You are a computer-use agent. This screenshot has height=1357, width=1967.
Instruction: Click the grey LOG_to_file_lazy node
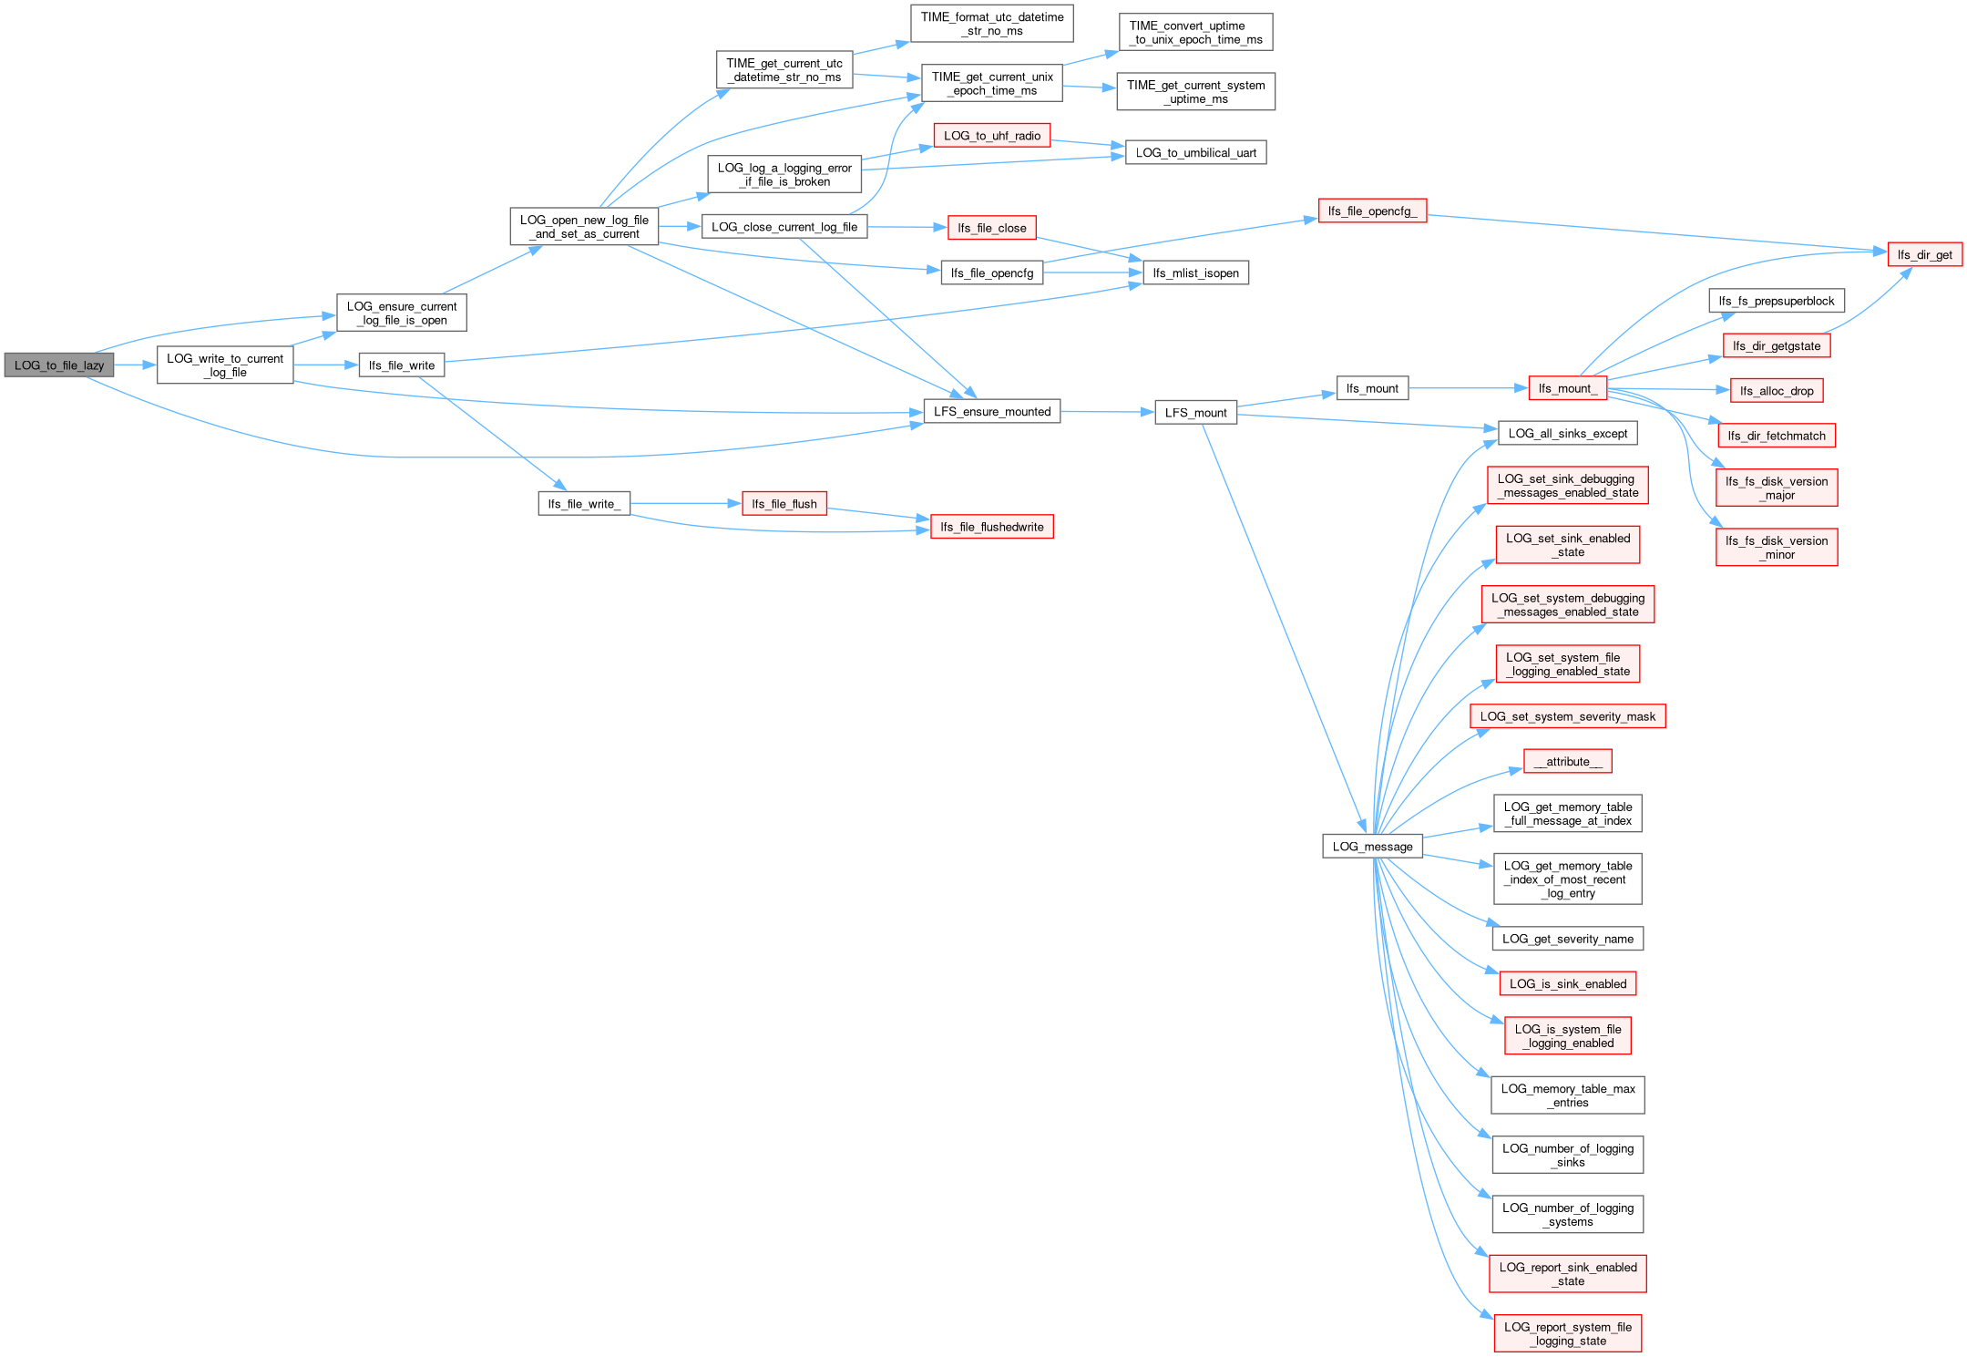59,365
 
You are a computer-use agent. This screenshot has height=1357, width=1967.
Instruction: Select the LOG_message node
1372,847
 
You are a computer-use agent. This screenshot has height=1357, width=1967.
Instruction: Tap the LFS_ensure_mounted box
991,412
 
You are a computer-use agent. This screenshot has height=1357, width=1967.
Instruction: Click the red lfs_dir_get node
1924,255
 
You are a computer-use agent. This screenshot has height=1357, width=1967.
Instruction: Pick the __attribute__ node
1567,762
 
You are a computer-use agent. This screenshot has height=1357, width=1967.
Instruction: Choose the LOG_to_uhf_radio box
991,136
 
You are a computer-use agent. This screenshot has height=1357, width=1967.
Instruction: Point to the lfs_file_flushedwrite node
991,527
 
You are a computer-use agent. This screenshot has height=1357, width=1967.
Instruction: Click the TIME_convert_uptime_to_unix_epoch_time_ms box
1195,33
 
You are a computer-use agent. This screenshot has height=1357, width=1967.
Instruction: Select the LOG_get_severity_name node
1567,939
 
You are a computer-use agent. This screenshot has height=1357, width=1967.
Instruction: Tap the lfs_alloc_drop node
1776,391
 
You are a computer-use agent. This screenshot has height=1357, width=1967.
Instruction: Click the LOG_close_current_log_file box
784,227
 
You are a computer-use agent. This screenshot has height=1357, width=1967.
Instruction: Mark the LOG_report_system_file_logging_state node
1567,1333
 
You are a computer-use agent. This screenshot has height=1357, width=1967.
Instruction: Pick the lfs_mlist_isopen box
1195,272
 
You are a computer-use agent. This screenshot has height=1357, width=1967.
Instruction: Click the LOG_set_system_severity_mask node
1567,716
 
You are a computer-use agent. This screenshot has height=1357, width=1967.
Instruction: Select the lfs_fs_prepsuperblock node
1776,301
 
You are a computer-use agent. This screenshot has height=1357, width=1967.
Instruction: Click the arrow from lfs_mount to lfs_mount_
1467,388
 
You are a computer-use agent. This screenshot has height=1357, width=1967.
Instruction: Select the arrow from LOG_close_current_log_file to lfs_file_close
907,227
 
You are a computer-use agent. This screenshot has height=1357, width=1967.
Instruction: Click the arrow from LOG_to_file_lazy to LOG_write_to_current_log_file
135,365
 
